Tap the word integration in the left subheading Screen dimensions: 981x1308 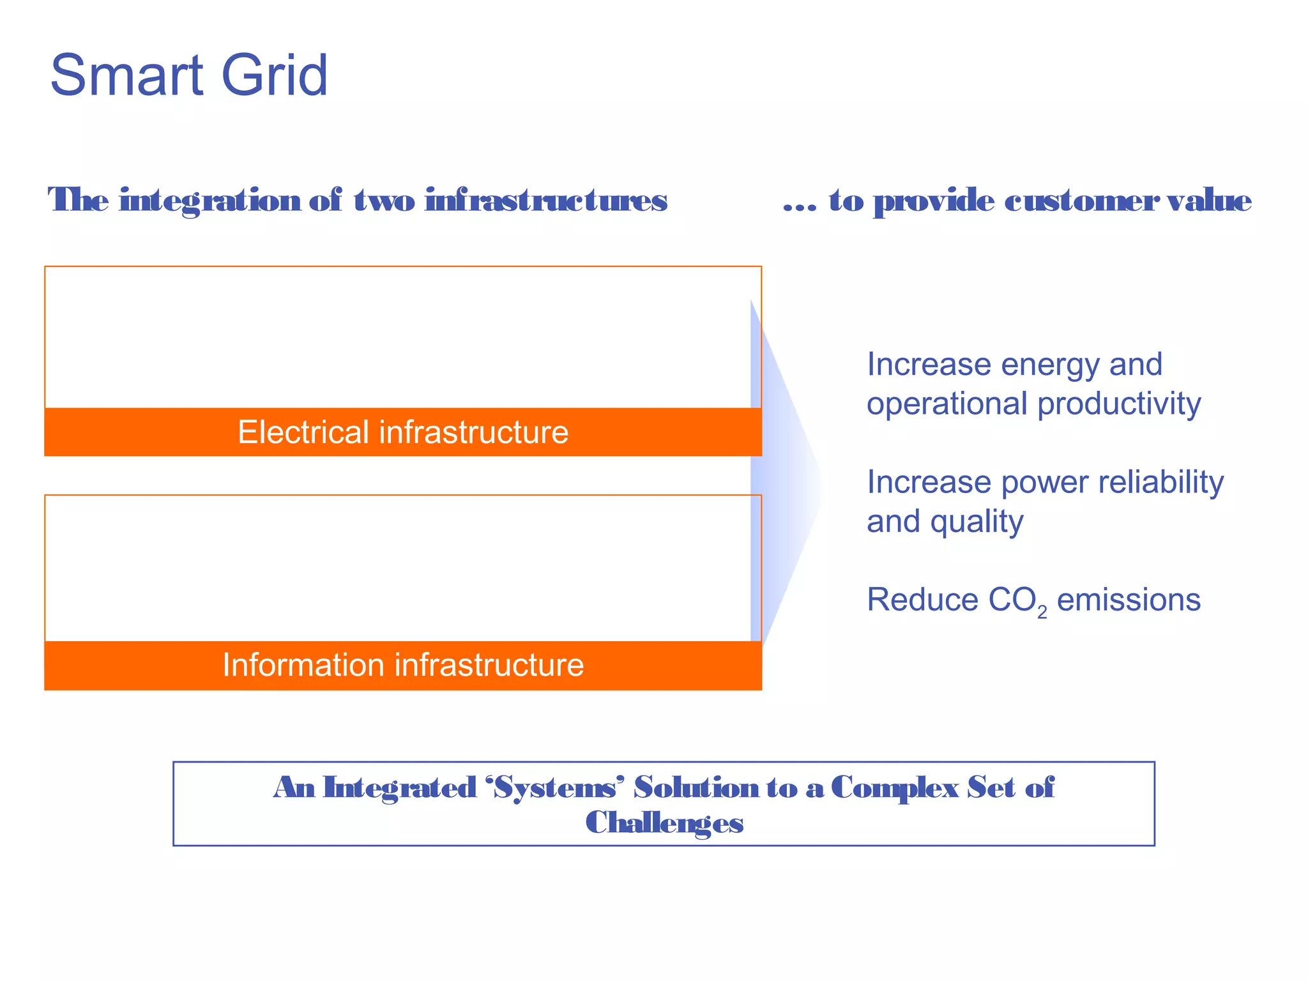click(209, 201)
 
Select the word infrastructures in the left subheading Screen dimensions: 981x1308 click(546, 201)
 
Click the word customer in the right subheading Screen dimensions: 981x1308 click(1081, 201)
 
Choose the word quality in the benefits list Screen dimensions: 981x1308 click(977, 522)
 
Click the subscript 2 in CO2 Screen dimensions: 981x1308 click(1042, 612)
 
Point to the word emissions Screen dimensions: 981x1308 click(1129, 600)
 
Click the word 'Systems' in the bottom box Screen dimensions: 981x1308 click(555, 788)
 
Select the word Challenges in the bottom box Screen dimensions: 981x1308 click(664, 823)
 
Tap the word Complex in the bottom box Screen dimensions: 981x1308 click(895, 788)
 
